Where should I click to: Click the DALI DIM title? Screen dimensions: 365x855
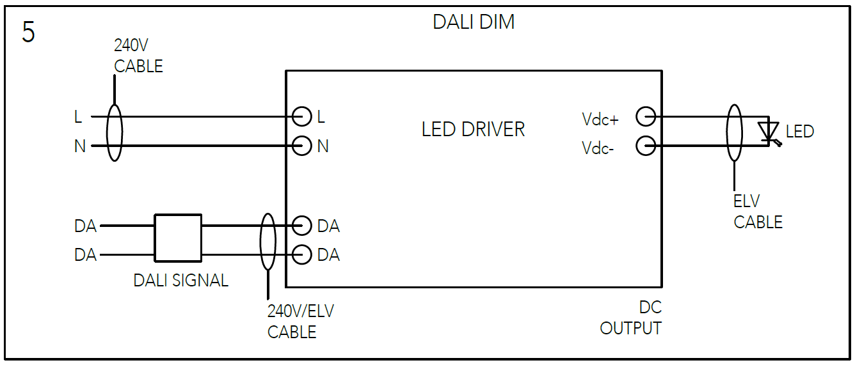coord(474,22)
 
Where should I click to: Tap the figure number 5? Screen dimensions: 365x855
coord(28,32)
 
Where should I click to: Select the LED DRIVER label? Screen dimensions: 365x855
coord(473,130)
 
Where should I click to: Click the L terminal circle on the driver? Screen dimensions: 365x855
coord(301,116)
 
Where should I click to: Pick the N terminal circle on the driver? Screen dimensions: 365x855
coord(301,146)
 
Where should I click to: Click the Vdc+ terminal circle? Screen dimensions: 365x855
coord(646,116)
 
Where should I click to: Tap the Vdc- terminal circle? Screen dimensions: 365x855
coord(646,146)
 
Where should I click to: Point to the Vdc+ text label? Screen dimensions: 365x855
coord(600,119)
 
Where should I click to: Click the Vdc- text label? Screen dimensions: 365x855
coord(598,148)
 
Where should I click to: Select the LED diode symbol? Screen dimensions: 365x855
coord(768,131)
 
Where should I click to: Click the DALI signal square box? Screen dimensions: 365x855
coord(178,238)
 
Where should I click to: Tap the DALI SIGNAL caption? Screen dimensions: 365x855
coord(180,281)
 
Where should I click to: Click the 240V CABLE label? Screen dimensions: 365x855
coord(138,56)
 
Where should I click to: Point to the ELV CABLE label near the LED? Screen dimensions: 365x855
coord(758,212)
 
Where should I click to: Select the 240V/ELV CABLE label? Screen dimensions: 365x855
coord(300,322)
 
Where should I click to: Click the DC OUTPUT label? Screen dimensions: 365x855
coord(631,318)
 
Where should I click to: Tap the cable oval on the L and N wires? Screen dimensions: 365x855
coord(114,132)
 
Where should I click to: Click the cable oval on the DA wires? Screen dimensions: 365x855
coord(268,241)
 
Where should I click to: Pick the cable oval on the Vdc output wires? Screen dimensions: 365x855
coord(734,132)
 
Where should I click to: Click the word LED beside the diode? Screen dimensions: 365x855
coord(800,132)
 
